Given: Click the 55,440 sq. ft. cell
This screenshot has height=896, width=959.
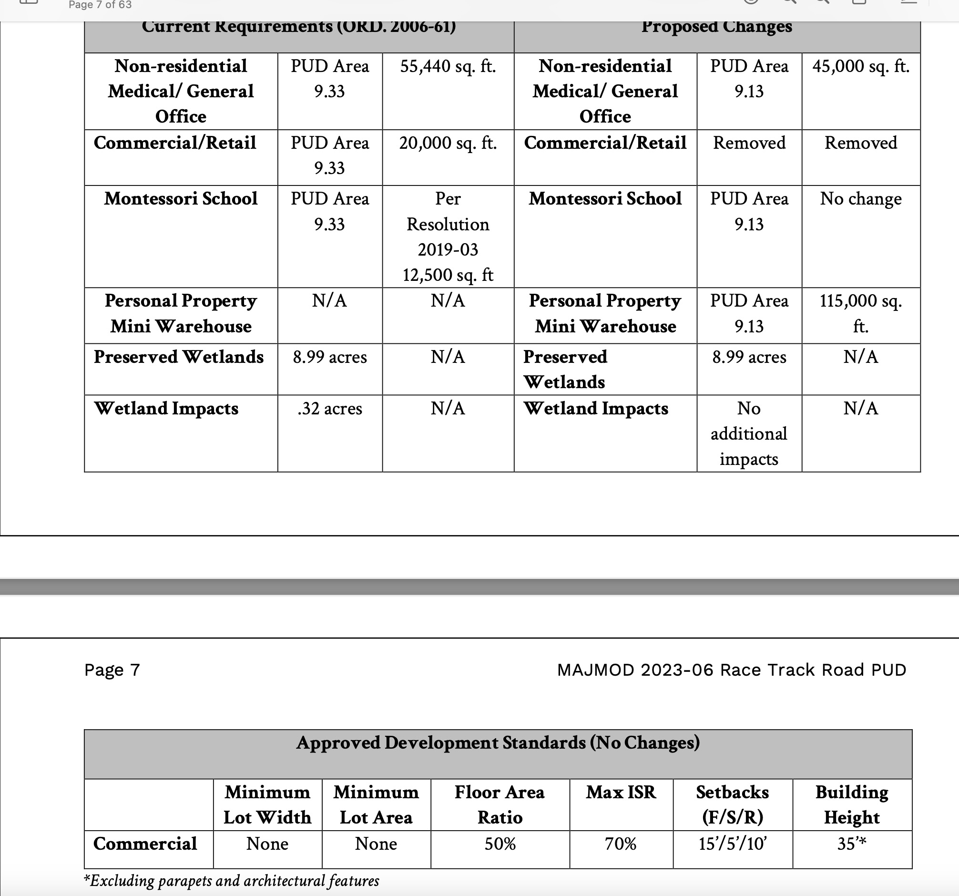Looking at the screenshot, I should [448, 66].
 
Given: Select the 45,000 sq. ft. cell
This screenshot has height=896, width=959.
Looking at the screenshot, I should [861, 66].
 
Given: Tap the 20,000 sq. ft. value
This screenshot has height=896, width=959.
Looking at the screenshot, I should [448, 143].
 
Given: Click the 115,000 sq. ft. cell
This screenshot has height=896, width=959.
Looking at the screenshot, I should [861, 313].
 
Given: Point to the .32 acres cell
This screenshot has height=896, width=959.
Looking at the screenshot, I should [329, 409].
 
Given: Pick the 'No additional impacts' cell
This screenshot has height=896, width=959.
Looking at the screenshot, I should [749, 433].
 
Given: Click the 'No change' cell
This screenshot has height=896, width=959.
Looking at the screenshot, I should [861, 199].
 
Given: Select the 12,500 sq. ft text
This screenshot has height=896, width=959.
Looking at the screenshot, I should [448, 275].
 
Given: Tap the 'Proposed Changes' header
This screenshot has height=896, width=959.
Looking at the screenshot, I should [716, 27].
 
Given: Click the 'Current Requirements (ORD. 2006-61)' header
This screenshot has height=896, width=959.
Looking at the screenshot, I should [298, 27].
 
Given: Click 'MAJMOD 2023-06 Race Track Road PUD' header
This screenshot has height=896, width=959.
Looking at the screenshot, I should [731, 669].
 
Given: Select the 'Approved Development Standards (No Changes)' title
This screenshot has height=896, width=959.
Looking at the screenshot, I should [498, 742].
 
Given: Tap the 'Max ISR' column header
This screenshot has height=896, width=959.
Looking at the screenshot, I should [621, 792].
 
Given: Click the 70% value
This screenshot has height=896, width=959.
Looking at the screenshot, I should [621, 844].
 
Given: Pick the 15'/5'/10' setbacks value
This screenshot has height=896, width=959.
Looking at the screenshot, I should [732, 844].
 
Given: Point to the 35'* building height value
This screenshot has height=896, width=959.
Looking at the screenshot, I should [851, 844].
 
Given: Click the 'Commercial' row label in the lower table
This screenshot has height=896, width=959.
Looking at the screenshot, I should [145, 844].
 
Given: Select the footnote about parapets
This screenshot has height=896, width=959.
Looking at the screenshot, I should [232, 881].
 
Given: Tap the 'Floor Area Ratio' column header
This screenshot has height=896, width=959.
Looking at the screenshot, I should [500, 805].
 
